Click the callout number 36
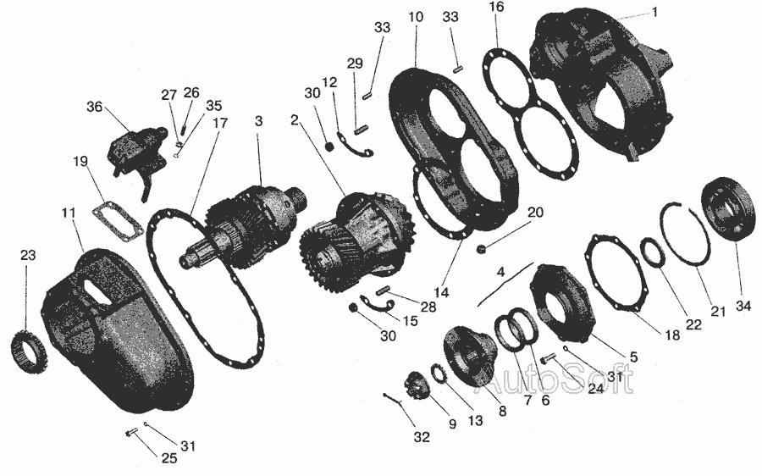click(95, 106)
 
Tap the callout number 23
click(28, 255)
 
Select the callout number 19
click(80, 161)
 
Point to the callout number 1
click(654, 12)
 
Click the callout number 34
click(743, 306)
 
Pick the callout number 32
click(422, 437)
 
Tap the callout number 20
click(536, 212)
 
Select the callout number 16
click(497, 7)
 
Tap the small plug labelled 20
click(482, 249)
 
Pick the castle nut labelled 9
click(417, 385)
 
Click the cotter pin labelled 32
click(393, 398)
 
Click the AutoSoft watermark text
click(559, 379)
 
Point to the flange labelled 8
click(468, 357)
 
